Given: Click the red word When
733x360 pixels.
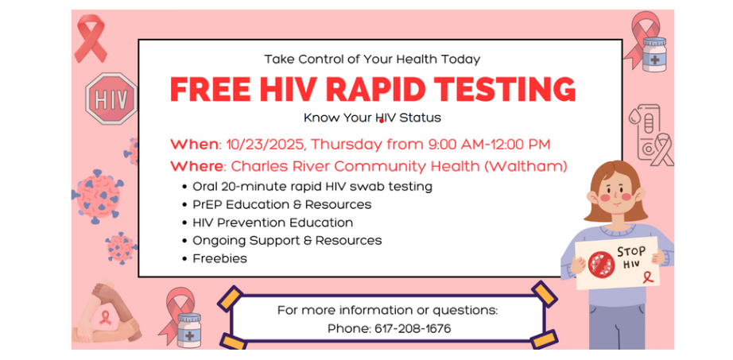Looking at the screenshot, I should pos(194,144).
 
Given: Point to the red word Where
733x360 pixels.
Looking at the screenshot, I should pos(197,166).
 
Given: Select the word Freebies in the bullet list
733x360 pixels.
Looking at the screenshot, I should pos(219,258).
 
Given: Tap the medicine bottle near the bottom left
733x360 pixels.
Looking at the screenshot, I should pos(189,329).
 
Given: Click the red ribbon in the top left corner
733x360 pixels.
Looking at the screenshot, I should pos(93,39).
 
